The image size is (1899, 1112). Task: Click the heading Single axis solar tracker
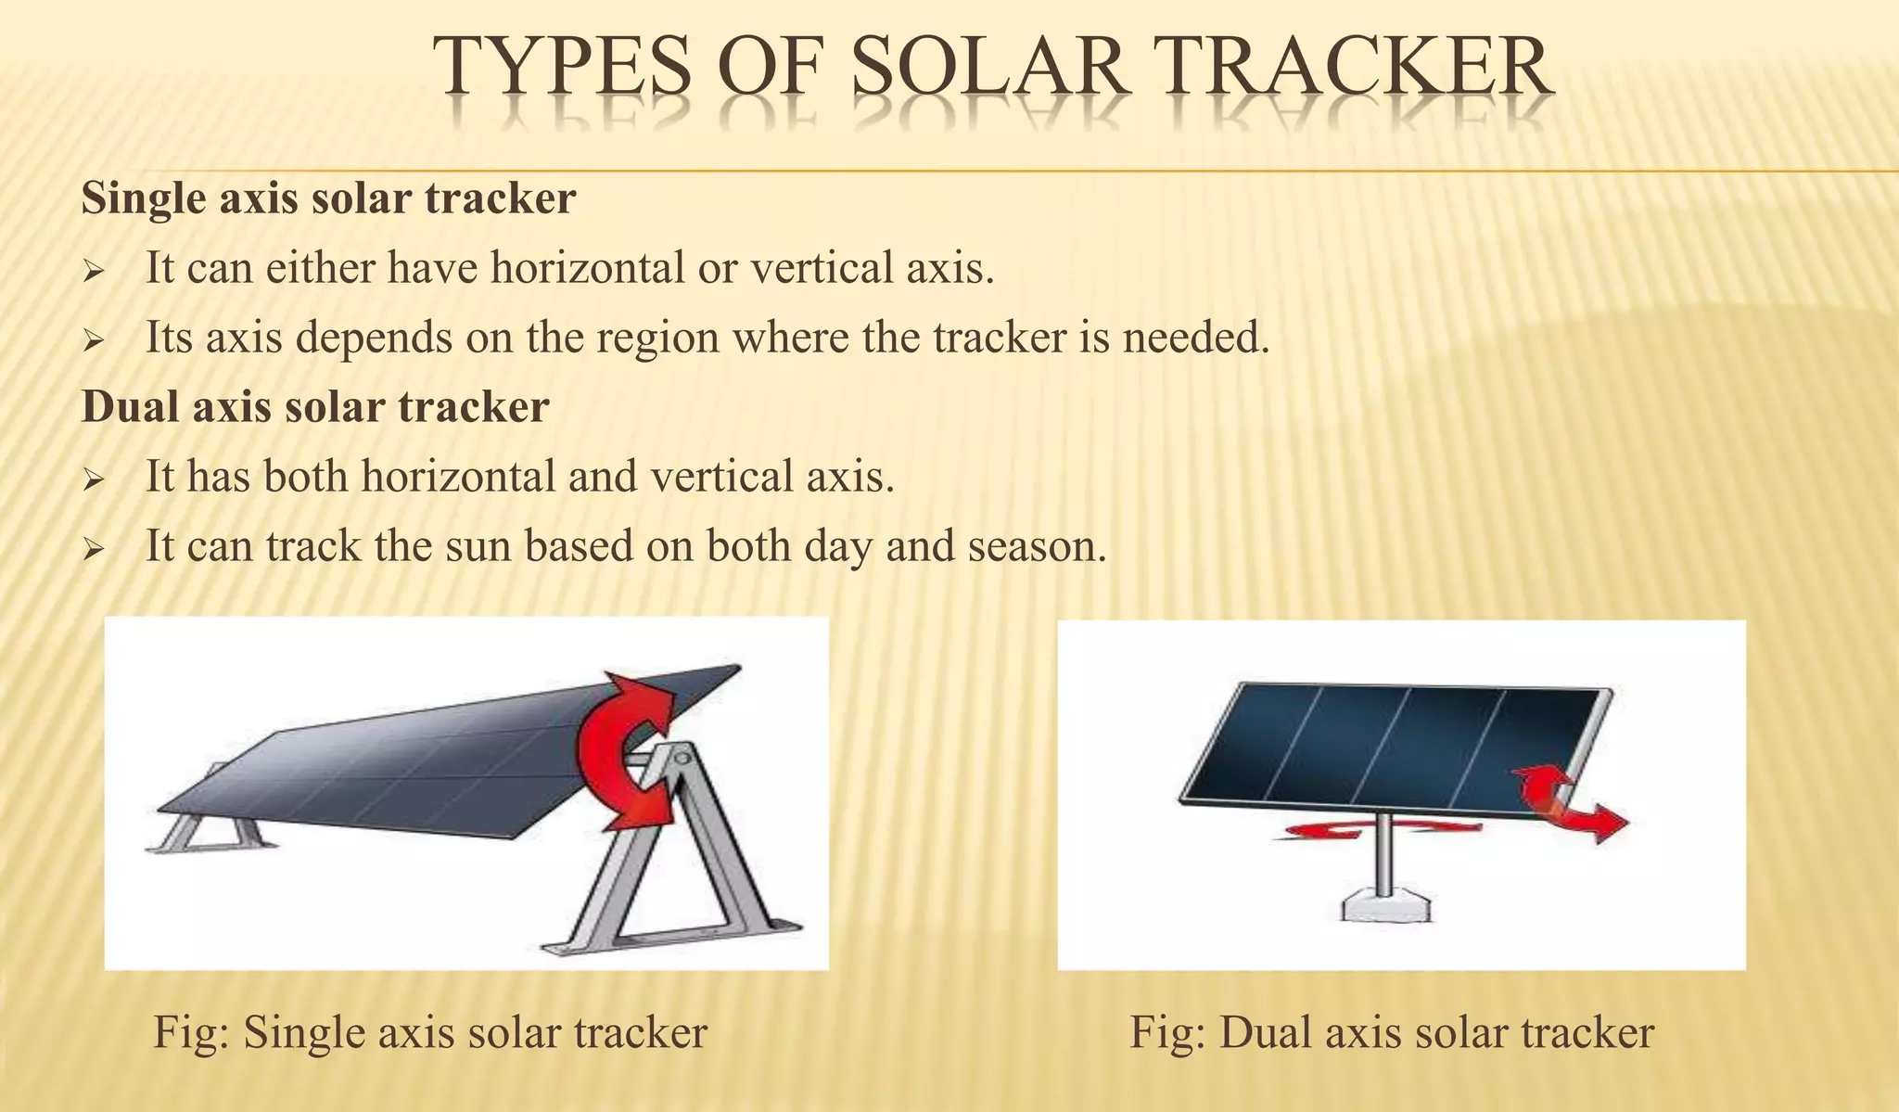[x=328, y=199]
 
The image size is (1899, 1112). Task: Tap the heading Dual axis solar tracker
[x=315, y=407]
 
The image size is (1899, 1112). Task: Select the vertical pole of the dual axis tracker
[x=1383, y=853]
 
